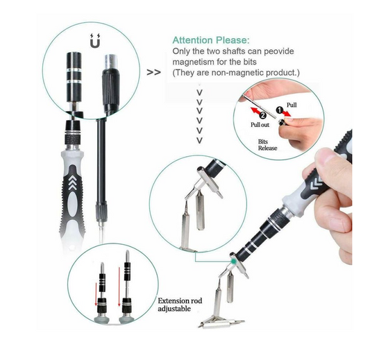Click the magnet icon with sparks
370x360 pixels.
[95, 41]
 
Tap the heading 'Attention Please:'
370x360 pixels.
[211, 40]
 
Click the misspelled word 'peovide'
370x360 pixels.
[279, 51]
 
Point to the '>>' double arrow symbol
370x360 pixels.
[153, 72]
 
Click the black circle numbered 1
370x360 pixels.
[279, 110]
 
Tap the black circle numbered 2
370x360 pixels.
[263, 115]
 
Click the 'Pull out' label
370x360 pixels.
[260, 125]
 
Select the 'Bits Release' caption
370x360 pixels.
[267, 145]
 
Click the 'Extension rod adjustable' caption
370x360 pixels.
[180, 305]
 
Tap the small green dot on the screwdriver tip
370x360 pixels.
[233, 262]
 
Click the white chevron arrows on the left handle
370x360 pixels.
[73, 182]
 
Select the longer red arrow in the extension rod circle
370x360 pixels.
[119, 286]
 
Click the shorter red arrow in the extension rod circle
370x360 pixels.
[96, 295]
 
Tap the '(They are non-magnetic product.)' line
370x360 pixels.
[236, 73]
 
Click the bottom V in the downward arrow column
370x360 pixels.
[200, 141]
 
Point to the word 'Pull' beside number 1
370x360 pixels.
[292, 105]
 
